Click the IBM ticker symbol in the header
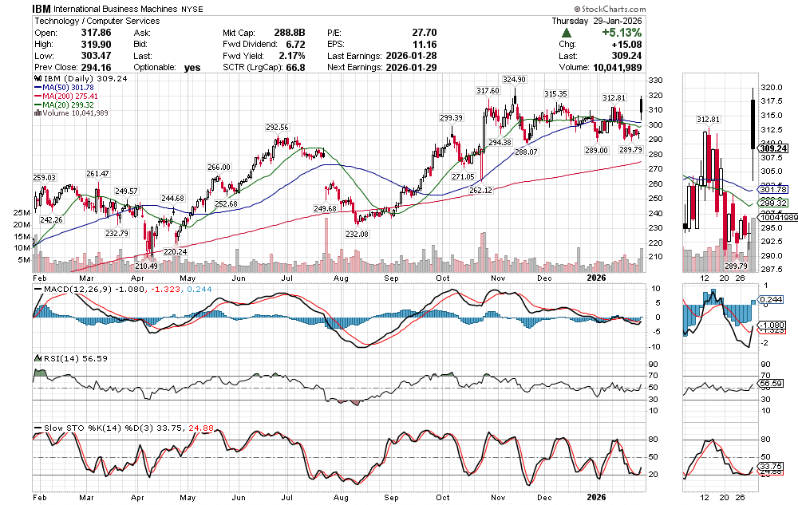[43, 8]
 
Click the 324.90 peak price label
[514, 80]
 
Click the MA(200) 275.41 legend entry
[71, 96]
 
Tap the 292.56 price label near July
[277, 127]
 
